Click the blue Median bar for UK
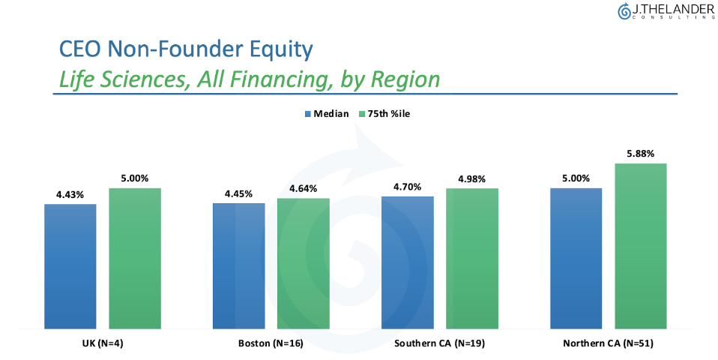[x=70, y=266]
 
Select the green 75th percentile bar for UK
[x=135, y=258]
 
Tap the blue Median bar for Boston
[x=238, y=265]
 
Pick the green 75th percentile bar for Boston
[x=303, y=263]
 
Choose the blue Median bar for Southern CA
[x=407, y=262]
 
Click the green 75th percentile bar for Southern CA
[x=472, y=258]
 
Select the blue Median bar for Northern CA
[x=576, y=258]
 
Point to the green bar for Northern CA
[x=641, y=246]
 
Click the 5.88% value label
[x=641, y=154]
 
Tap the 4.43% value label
[x=70, y=195]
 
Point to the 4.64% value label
[x=303, y=189]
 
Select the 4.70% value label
[x=407, y=187]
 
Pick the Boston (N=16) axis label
[x=271, y=343]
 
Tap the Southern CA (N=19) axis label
[x=440, y=343]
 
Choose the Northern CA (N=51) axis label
[x=608, y=343]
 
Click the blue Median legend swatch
[x=308, y=114]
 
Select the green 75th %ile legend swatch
[x=362, y=114]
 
